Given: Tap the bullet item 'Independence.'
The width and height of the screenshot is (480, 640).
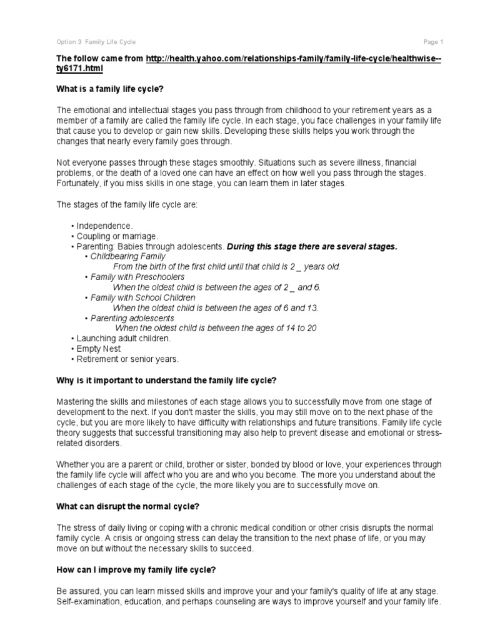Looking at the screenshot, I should (103, 226).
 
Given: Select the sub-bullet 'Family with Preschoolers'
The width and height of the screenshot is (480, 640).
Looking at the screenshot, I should (137, 277).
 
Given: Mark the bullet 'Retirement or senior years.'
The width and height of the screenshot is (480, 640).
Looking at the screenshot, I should (127, 359).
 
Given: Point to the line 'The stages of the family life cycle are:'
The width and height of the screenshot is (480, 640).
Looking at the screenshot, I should (127, 204).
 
